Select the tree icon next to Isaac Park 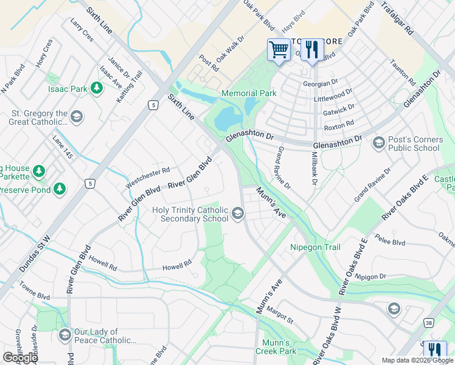[x=96, y=89]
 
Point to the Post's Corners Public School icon [x=378, y=143]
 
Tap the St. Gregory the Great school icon [x=76, y=116]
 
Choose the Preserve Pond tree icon [x=60, y=189]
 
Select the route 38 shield [x=429, y=324]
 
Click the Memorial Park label [x=249, y=93]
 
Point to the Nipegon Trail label [x=315, y=247]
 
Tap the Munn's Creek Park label [x=279, y=347]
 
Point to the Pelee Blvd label [x=390, y=242]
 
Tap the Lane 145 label [x=63, y=148]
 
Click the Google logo [x=21, y=358]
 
